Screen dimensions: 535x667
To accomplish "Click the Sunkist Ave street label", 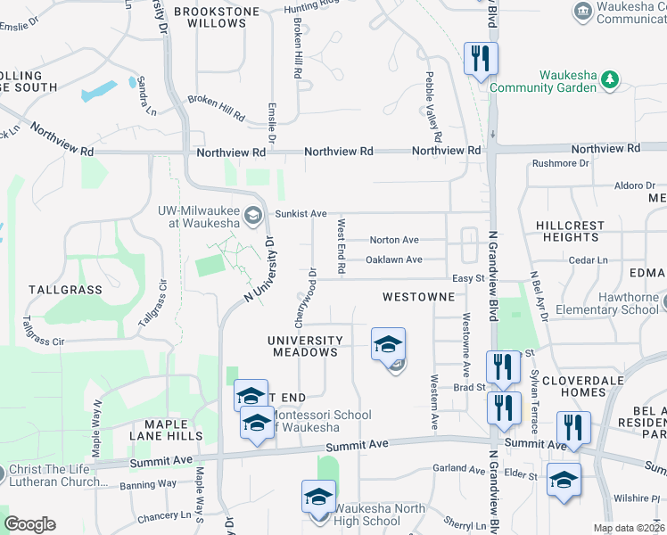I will click(x=301, y=214).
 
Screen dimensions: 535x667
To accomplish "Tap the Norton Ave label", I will click(x=394, y=240).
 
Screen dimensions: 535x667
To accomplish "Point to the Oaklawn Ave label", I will click(x=394, y=259).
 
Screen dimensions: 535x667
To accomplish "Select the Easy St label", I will click(x=466, y=278).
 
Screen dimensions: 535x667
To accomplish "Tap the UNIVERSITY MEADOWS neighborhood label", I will click(x=306, y=346).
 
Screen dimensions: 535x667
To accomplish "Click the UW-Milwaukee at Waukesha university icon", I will click(x=253, y=214).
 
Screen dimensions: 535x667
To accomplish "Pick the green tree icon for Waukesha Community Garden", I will click(x=610, y=80).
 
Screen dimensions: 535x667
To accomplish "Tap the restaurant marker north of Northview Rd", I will click(x=481, y=60).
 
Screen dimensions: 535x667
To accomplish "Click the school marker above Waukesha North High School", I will click(x=318, y=498).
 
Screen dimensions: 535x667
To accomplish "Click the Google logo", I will click(x=29, y=524).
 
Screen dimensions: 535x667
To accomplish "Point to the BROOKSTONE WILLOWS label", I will click(x=217, y=17).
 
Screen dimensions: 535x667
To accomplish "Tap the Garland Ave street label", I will click(x=458, y=468).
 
